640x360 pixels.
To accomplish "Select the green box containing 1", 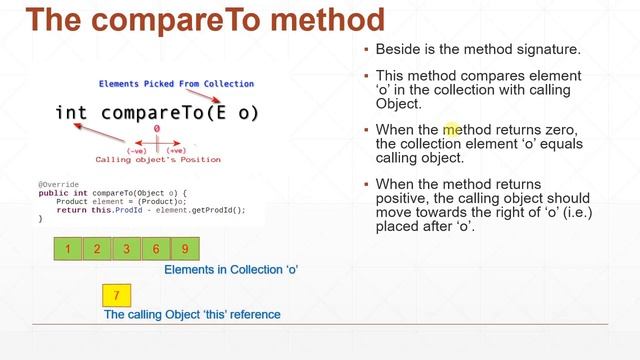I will (x=67, y=249).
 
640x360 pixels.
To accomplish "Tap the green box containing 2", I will (x=97, y=249).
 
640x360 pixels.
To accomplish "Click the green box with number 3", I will (x=126, y=249).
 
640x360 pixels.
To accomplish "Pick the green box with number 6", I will (x=156, y=249).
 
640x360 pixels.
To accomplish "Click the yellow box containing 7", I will (x=118, y=295).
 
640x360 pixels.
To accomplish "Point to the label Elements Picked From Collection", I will (x=176, y=84).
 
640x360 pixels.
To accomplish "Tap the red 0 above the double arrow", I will (x=157, y=129).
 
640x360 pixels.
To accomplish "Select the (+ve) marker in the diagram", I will (x=176, y=150).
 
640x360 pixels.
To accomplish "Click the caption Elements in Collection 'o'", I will (x=231, y=270).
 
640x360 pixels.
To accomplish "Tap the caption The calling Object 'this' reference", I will (x=192, y=314).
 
